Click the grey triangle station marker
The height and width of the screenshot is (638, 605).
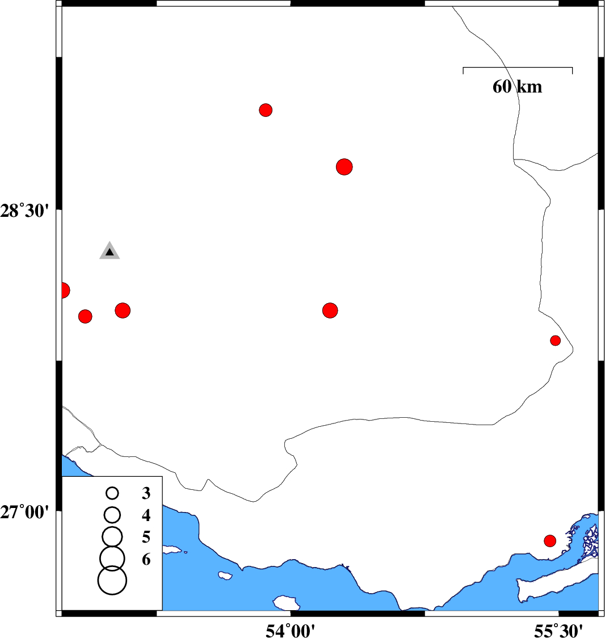110,251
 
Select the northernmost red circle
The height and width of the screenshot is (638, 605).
266,110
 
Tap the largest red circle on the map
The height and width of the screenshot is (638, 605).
344,167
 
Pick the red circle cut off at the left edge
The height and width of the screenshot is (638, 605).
65,291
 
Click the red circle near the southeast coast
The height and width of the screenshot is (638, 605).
550,541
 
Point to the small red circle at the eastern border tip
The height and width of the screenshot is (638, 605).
556,341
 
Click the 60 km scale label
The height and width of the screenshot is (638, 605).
517,87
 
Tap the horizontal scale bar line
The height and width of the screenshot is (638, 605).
518,68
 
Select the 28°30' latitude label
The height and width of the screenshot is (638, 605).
24,212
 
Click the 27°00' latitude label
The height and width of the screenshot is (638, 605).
24,512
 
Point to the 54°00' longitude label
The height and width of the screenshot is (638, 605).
290,631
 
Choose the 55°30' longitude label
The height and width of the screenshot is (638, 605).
558,631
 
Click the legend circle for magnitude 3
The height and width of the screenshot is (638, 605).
112,494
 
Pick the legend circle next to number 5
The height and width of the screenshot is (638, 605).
112,536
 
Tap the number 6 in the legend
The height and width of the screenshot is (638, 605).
146,560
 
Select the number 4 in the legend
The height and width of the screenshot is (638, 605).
146,515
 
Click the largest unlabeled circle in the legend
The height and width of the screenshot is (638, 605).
112,580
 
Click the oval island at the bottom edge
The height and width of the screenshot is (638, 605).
286,603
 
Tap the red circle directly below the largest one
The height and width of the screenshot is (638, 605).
330,310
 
